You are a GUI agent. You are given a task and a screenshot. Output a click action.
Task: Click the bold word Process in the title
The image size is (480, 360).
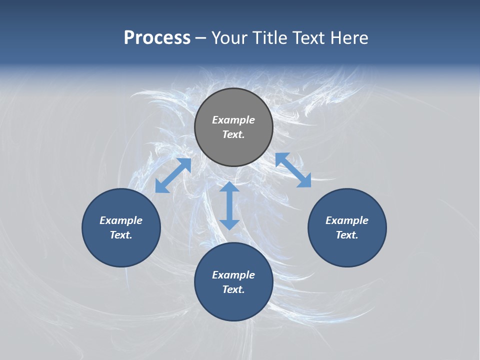[157, 38]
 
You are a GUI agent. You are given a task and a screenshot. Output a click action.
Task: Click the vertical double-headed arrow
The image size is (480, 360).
[229, 205]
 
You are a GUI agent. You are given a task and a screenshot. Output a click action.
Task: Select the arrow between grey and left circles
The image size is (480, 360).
[173, 175]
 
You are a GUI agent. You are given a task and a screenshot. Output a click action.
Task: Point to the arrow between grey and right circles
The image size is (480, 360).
[293, 170]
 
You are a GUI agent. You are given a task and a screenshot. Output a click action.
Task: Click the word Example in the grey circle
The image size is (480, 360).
[233, 120]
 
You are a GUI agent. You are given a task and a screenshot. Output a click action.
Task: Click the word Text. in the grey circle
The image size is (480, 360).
[233, 134]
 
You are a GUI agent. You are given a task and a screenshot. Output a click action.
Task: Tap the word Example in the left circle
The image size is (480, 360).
[121, 220]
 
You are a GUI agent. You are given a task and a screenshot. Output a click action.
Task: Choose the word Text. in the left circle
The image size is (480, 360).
[121, 235]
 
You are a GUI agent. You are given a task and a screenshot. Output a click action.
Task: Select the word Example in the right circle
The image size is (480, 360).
[347, 220]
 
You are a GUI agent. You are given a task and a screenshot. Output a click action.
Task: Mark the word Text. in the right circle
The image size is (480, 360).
[347, 235]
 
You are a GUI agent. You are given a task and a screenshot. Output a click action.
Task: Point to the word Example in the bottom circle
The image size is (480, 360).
[233, 275]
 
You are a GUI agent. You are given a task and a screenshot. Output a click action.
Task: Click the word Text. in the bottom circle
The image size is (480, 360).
[233, 289]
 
